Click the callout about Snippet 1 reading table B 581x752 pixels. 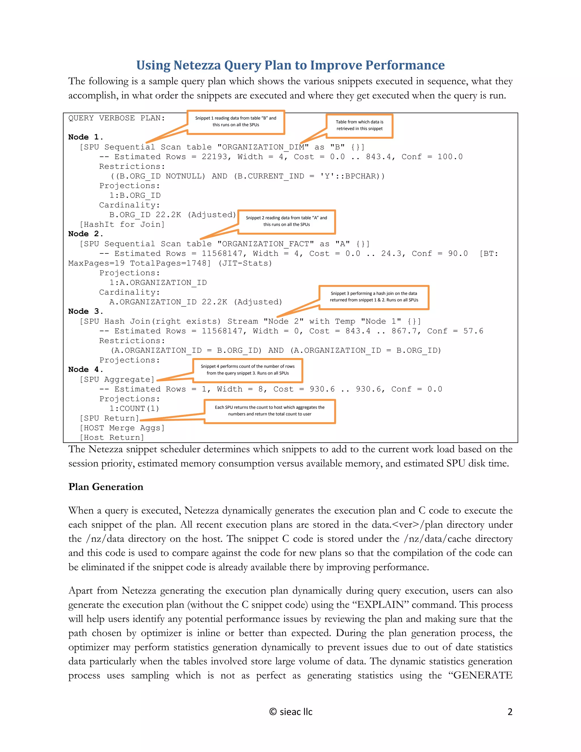(236, 122)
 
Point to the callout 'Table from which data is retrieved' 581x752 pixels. (359, 126)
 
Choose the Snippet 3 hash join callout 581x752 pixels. (374, 297)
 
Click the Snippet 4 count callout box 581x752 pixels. (247, 370)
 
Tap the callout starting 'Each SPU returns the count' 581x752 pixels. (270, 411)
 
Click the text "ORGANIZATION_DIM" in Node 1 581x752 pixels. (263, 147)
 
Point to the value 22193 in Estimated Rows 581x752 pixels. (214, 157)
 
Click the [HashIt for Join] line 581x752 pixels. (122, 224)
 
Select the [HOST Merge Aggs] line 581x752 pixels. (122, 428)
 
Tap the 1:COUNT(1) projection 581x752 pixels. (134, 409)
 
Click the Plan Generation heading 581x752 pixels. (106, 487)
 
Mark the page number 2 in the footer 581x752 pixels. (510, 712)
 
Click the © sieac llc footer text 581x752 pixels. (291, 712)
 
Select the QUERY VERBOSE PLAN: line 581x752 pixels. (117, 118)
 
